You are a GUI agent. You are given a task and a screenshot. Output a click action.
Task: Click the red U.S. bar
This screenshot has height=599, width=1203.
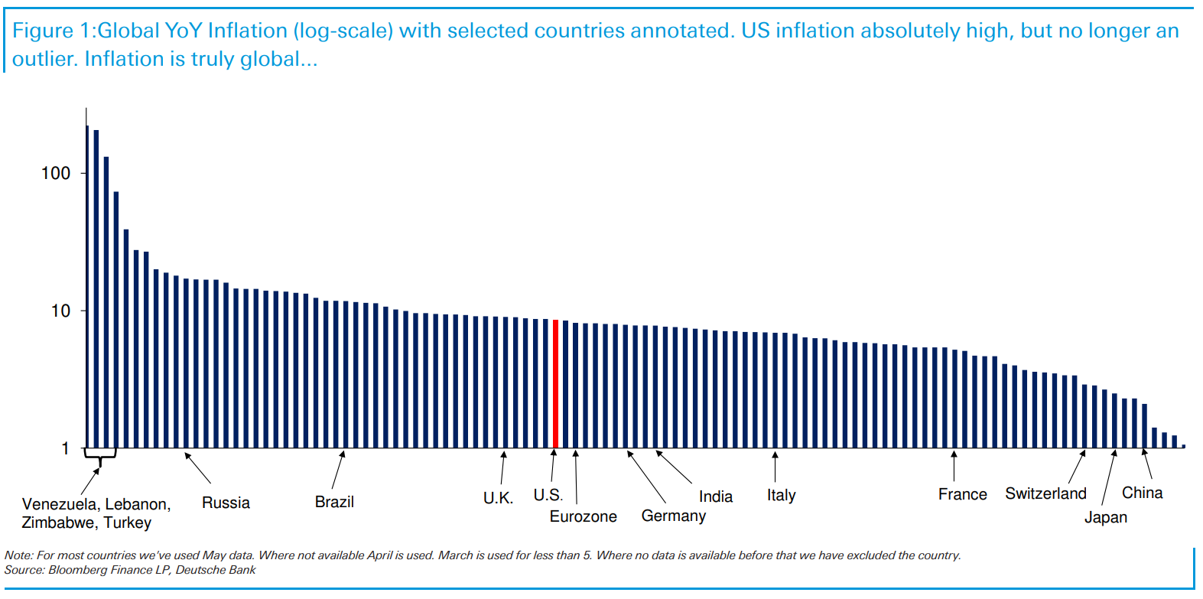(x=555, y=383)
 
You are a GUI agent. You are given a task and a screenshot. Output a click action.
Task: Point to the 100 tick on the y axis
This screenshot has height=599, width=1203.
(x=56, y=174)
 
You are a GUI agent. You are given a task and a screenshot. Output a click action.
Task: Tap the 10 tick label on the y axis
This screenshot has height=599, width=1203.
(x=60, y=311)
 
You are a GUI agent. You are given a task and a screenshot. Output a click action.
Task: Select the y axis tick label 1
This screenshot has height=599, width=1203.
(x=65, y=449)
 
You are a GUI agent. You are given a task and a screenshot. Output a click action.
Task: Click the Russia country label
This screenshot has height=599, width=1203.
(x=226, y=503)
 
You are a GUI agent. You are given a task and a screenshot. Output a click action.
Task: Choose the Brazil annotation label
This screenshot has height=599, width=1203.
(x=334, y=502)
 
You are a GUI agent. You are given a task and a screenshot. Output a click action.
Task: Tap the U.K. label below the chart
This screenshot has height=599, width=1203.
(x=498, y=498)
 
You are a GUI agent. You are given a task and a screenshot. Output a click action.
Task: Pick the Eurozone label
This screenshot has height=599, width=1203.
(x=583, y=516)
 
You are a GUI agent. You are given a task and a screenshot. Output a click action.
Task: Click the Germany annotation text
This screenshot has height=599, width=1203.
(x=673, y=516)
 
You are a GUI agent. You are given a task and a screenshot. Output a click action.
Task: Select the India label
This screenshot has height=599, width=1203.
(x=715, y=496)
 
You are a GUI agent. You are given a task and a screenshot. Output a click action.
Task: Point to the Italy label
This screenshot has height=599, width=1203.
(x=781, y=496)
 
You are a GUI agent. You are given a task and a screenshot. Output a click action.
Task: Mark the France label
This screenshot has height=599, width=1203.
(x=962, y=494)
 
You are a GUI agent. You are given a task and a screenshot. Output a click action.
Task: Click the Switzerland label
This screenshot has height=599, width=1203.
(x=1045, y=493)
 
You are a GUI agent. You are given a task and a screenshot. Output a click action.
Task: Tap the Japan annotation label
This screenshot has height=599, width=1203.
(x=1105, y=517)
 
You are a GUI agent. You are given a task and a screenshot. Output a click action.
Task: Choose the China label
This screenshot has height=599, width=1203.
(x=1142, y=493)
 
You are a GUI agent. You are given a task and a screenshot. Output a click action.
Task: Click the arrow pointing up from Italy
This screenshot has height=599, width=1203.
(x=775, y=467)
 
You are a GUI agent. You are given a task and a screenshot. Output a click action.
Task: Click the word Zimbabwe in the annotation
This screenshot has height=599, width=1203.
(x=57, y=522)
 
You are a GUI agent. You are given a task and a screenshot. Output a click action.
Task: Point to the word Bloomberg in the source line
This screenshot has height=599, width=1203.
(x=78, y=570)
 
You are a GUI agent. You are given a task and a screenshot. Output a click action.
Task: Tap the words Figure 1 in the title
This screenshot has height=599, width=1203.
(x=50, y=31)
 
